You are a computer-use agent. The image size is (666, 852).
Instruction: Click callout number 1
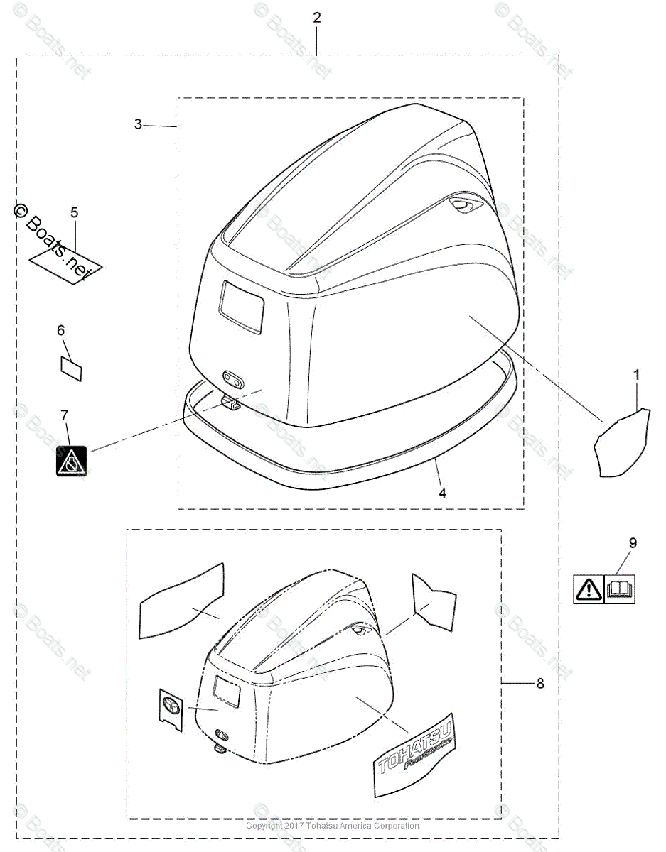[x=636, y=373]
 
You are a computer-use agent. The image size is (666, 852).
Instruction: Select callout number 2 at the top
[x=317, y=18]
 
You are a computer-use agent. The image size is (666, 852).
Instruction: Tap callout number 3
[x=138, y=124]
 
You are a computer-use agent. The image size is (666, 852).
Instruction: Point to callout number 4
[x=442, y=493]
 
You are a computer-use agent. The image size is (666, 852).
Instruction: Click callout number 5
[x=75, y=212]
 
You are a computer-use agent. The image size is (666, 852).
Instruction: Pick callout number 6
[x=61, y=330]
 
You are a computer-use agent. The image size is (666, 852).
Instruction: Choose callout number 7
[x=65, y=414]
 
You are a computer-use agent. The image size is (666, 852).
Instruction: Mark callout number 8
[x=539, y=683]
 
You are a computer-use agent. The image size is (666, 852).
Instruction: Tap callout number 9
[x=633, y=543]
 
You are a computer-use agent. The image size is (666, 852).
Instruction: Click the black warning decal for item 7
[x=71, y=461]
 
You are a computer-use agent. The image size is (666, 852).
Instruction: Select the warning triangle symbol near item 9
[x=589, y=589]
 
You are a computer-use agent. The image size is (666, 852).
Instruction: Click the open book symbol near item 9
[x=619, y=589]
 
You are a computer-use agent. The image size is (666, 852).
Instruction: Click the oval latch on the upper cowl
[x=232, y=376]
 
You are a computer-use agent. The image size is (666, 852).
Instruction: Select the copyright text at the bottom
[x=333, y=826]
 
